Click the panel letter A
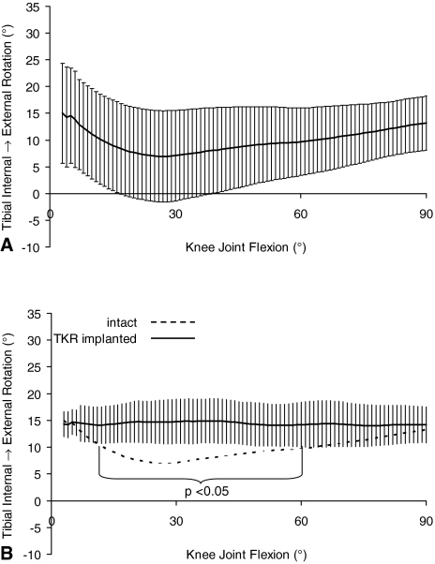click(x=7, y=249)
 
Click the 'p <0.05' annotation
click(x=202, y=490)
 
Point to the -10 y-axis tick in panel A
click(x=34, y=248)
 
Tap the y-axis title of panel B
click(x=8, y=432)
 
